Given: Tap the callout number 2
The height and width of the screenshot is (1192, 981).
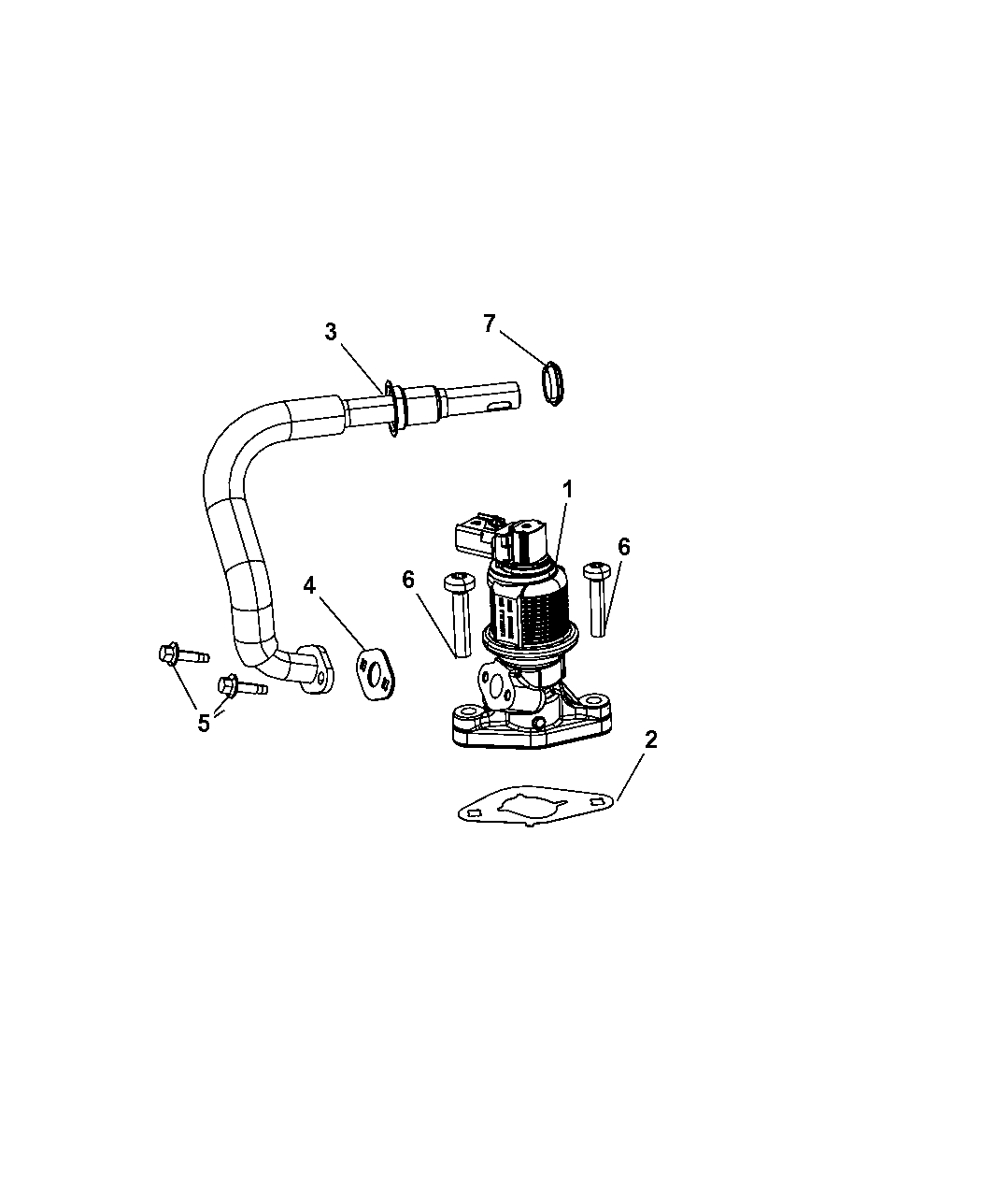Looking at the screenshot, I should tap(650, 740).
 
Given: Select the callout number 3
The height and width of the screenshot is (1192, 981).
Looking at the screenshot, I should tap(330, 331).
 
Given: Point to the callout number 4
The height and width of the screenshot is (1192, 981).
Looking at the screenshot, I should tap(309, 585).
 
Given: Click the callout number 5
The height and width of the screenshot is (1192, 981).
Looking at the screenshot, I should tap(204, 723).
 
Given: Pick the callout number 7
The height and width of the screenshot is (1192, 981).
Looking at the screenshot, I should tap(489, 323).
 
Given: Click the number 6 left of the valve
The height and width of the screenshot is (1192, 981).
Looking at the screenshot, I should tap(407, 580).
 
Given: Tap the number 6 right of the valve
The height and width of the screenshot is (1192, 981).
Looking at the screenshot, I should tap(623, 547).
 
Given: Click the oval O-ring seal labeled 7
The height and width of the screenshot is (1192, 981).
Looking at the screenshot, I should tap(554, 383).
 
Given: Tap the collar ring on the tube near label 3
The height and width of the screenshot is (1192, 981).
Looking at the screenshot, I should tap(397, 409).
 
